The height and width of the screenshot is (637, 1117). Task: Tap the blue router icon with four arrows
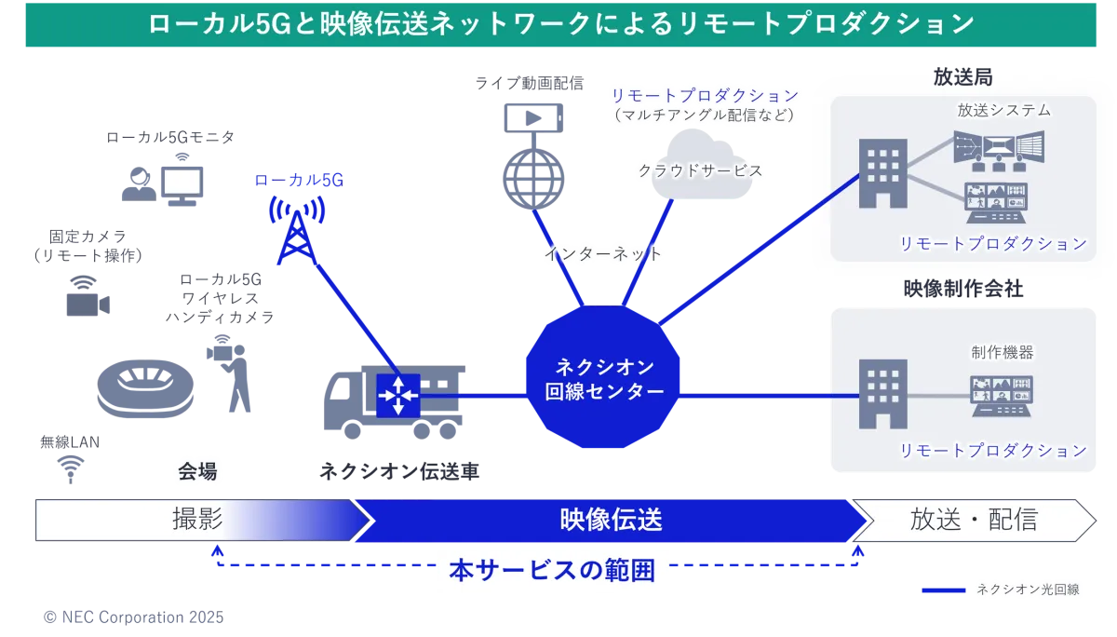(398, 395)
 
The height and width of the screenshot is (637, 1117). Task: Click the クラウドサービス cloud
(700, 169)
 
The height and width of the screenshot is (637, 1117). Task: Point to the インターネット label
(603, 252)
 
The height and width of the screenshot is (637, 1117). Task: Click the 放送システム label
(1003, 110)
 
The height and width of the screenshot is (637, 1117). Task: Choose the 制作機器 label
(1002, 352)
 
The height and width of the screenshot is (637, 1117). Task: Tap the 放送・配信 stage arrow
(974, 520)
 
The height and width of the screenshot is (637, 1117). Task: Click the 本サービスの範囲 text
(552, 570)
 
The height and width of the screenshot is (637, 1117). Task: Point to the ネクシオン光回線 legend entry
(1027, 589)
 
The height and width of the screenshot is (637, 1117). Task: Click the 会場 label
(197, 472)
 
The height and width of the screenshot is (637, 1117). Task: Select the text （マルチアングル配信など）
(705, 116)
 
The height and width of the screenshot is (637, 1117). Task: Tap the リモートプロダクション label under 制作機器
(992, 451)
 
